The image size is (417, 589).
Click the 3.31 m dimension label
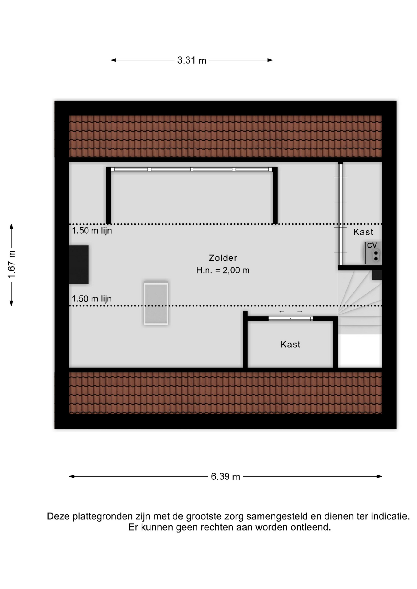(x=192, y=60)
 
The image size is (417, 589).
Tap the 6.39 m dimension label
(x=225, y=476)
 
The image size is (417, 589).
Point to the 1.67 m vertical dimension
(x=11, y=265)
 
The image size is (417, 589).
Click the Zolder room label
(x=223, y=258)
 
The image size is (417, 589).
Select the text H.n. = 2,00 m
(x=223, y=270)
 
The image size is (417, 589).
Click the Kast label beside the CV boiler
(x=363, y=232)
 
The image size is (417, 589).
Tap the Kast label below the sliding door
(x=290, y=344)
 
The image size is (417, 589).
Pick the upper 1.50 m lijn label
(x=92, y=231)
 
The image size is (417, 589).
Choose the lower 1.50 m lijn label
(x=92, y=299)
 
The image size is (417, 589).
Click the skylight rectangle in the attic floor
(x=156, y=303)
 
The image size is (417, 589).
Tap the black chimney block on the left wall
(x=79, y=264)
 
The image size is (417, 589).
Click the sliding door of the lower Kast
(x=290, y=319)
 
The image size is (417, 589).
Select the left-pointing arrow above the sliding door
(x=282, y=312)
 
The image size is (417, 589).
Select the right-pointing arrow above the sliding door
(x=300, y=312)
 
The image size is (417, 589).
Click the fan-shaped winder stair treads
(x=360, y=294)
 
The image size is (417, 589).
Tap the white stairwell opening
(x=360, y=351)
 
